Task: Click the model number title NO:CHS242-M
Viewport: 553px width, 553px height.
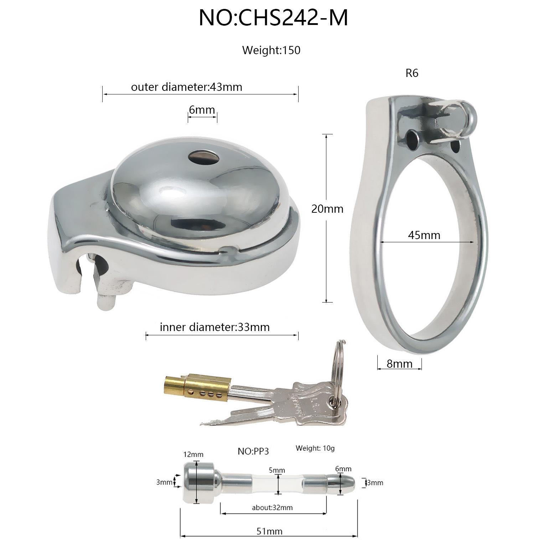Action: [273, 18]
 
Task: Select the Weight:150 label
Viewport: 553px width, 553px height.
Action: [271, 50]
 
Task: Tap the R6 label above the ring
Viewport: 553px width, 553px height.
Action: [412, 73]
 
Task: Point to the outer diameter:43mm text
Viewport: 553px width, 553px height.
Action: [187, 87]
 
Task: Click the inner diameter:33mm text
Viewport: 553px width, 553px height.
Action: [215, 327]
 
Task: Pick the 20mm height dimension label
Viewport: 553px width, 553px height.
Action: [327, 209]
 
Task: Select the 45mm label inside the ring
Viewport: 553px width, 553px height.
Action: [424, 235]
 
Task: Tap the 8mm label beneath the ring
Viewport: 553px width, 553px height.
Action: [399, 364]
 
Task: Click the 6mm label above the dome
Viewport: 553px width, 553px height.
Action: [202, 110]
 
